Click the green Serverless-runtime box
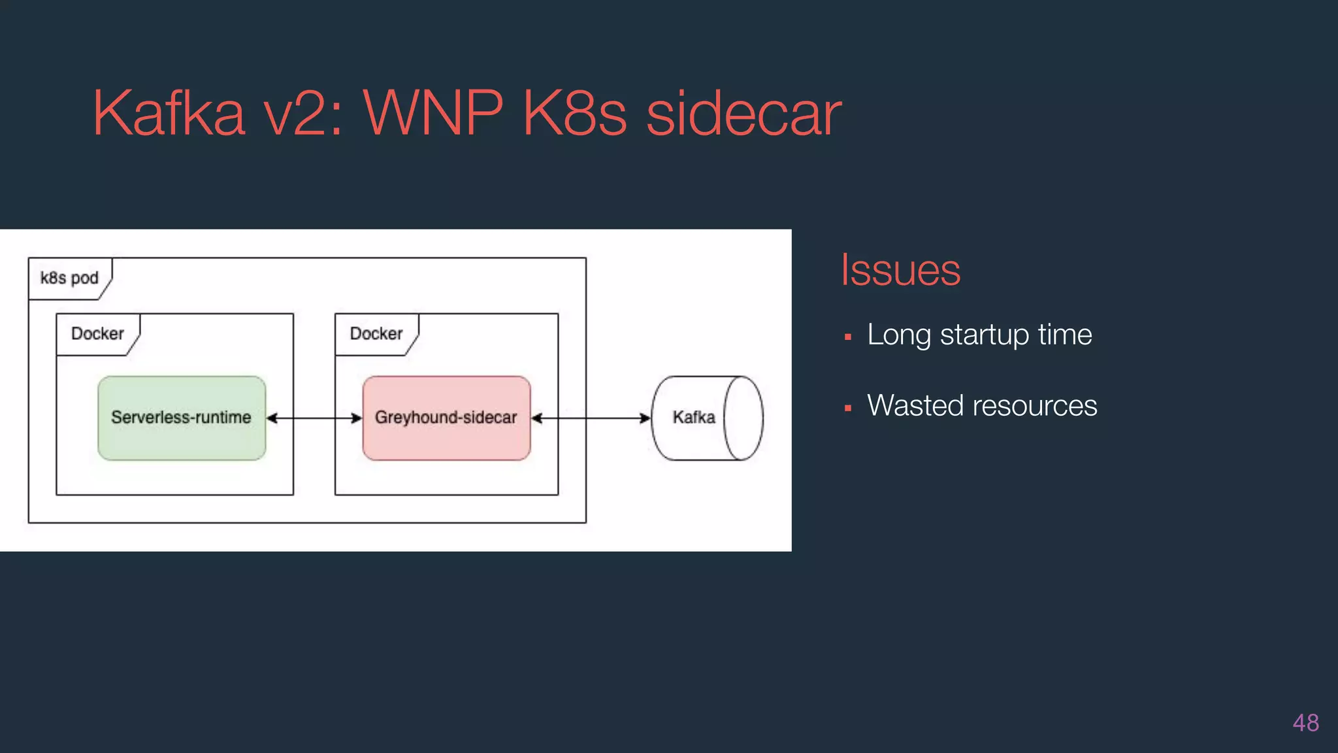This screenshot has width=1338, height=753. [x=182, y=418]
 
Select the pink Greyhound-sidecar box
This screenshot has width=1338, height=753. [x=446, y=418]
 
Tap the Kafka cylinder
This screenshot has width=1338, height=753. [x=706, y=418]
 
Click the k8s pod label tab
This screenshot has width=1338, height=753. [x=69, y=278]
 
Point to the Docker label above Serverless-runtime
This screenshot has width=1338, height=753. [x=97, y=334]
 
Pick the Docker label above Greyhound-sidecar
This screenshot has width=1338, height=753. [x=376, y=334]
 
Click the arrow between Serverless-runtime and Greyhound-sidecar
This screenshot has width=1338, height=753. [x=314, y=418]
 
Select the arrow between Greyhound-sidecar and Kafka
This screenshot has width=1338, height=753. [x=591, y=418]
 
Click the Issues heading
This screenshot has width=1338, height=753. [x=900, y=270]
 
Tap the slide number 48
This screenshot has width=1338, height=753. [x=1305, y=723]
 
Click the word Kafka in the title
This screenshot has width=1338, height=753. [x=169, y=114]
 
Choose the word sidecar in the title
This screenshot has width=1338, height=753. [x=743, y=114]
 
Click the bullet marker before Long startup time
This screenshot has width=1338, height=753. [x=848, y=337]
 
